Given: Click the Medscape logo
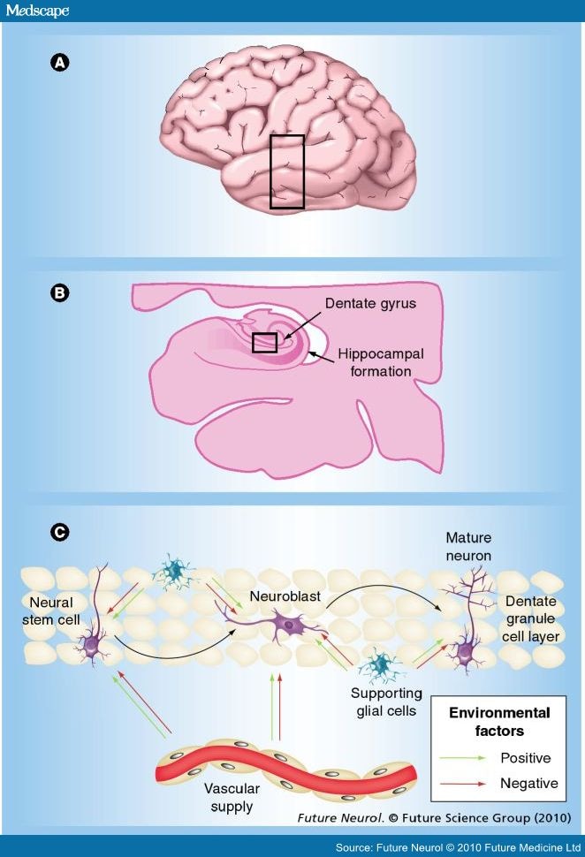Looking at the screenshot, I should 35,10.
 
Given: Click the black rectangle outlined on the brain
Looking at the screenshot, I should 287,171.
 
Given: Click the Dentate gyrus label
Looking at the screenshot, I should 369,303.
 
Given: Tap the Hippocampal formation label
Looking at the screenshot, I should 379,362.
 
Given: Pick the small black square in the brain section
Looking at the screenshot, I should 264,343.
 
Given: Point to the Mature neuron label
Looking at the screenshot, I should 468,547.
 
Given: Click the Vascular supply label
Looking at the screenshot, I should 227,797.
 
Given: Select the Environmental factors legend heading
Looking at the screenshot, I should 499,722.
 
